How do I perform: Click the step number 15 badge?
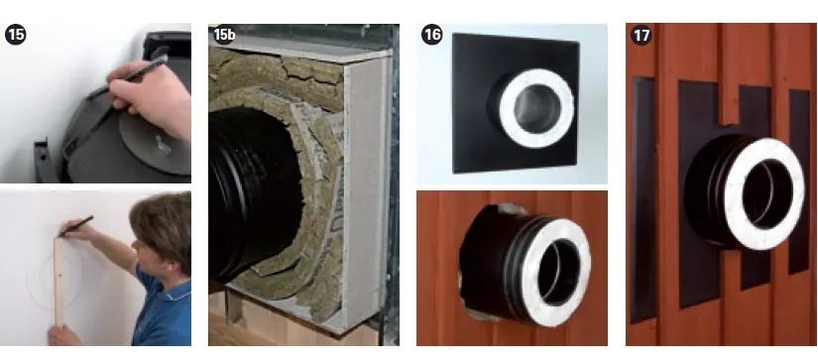(x=15, y=35)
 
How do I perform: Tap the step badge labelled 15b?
(x=224, y=35)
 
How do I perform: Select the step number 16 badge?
(x=431, y=35)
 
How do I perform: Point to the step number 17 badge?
(x=641, y=35)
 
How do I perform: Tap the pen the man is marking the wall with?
(x=76, y=226)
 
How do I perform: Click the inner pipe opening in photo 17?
(x=766, y=194)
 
